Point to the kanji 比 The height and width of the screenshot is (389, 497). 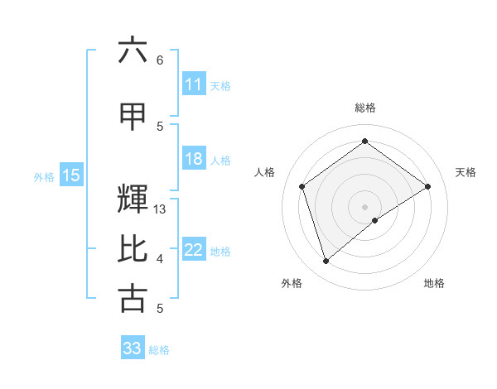point(133,249)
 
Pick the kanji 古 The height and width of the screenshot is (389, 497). point(133,298)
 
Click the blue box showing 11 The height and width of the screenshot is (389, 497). point(194,84)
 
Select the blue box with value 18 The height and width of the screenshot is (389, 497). point(194,159)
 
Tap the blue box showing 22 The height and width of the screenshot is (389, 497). point(194,250)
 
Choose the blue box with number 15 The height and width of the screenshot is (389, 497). point(71,175)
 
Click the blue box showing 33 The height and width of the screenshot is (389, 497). point(132,348)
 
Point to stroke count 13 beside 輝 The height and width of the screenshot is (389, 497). point(161,209)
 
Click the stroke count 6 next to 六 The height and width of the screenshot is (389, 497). point(160,60)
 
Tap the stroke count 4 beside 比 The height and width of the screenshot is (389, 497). point(160,259)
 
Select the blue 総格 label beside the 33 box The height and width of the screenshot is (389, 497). point(159,350)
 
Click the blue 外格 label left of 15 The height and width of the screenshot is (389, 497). point(44,176)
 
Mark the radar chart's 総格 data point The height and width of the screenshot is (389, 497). point(364,142)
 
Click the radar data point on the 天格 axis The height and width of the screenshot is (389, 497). point(427,186)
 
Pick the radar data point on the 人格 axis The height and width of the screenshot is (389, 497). point(302,186)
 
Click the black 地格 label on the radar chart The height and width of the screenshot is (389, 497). point(434,283)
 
